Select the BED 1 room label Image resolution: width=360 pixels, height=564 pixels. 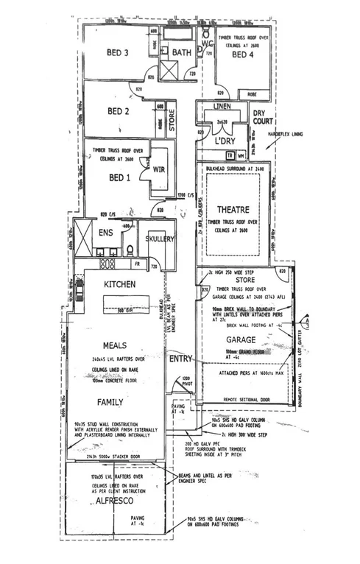tap(121, 178)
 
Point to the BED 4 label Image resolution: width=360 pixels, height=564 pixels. tap(243, 54)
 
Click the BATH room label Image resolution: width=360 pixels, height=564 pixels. tap(182, 53)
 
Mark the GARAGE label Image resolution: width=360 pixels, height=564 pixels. tap(241, 341)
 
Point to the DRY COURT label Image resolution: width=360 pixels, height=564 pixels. tap(264, 116)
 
